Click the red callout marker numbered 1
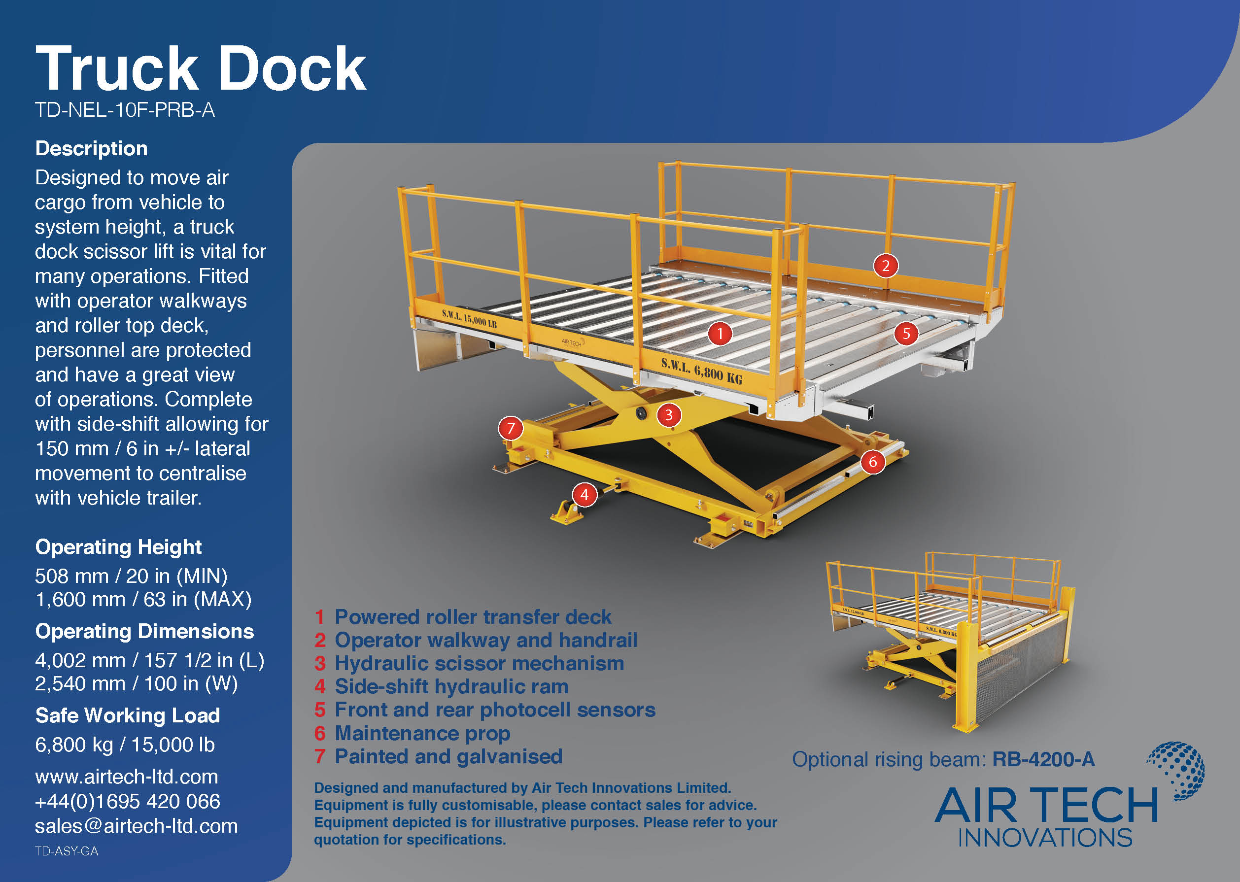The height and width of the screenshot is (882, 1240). coord(720,334)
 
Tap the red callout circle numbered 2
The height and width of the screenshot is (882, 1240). coord(885,266)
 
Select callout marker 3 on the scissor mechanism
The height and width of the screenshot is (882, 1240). coord(669,415)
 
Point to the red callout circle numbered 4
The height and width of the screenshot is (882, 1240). coord(585,495)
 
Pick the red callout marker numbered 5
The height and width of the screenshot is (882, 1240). coord(906,333)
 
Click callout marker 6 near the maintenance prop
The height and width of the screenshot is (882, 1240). coord(873,462)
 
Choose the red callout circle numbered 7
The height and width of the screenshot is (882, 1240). coord(511,428)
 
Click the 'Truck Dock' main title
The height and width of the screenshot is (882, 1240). coord(201,68)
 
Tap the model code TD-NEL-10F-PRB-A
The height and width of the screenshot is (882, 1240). coord(125,110)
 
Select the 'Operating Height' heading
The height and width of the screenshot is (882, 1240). coord(118,547)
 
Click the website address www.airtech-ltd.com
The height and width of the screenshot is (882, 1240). coord(127,777)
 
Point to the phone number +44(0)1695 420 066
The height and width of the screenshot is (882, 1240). coord(128,801)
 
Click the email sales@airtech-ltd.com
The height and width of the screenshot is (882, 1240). coord(137,826)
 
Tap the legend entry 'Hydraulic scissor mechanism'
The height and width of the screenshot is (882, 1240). coord(479,663)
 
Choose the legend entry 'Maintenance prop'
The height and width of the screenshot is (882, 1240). coord(422,733)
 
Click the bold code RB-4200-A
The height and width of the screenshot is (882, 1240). coord(1043,759)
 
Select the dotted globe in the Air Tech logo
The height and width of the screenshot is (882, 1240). coord(1177,770)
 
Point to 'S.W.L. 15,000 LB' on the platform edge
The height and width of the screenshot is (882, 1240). coord(469,319)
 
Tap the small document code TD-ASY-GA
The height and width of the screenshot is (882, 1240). coord(67,851)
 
